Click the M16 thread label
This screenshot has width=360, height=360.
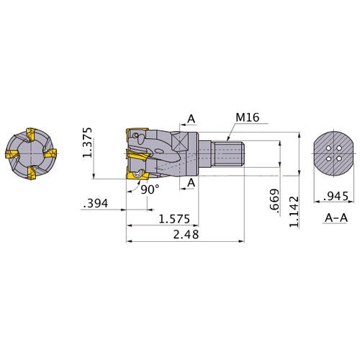pos(248,117)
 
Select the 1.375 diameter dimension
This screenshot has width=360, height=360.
pos(87,143)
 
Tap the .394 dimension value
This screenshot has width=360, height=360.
pos(96,204)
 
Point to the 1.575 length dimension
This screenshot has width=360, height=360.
pos(174,219)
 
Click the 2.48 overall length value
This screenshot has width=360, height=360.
pos(186,235)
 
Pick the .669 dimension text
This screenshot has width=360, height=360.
pos(274,201)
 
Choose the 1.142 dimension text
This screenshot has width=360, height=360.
pos(294,212)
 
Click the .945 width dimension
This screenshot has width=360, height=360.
pos(336,196)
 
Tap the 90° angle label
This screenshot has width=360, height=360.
pos(150,189)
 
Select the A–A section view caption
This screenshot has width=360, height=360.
pos(336,218)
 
